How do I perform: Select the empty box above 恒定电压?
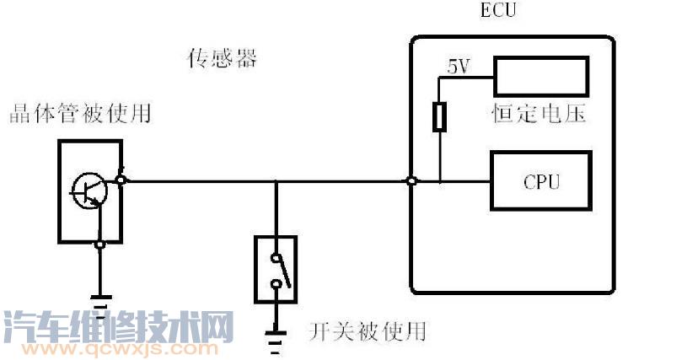click(539, 76)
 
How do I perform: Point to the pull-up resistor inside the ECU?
click(439, 116)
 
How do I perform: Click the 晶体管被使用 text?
click(80, 113)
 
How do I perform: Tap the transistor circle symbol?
click(89, 191)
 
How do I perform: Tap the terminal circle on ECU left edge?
click(411, 180)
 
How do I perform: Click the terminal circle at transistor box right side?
click(121, 180)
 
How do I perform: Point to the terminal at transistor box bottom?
click(100, 244)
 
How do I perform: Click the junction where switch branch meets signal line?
click(276, 180)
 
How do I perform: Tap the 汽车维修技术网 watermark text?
click(118, 325)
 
